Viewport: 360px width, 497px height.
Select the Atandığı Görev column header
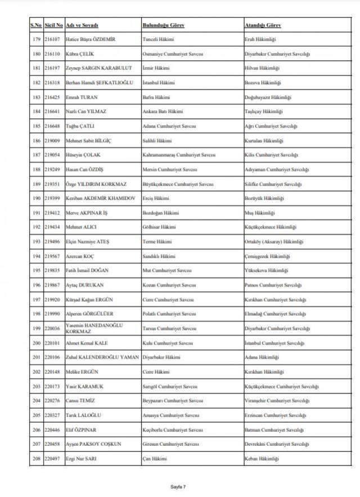[263, 25]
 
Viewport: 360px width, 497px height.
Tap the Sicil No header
[53, 25]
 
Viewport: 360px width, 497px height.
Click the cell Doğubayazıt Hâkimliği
[268, 97]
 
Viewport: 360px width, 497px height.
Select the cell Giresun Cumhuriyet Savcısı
[170, 444]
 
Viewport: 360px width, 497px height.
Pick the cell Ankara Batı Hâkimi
[162, 111]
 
